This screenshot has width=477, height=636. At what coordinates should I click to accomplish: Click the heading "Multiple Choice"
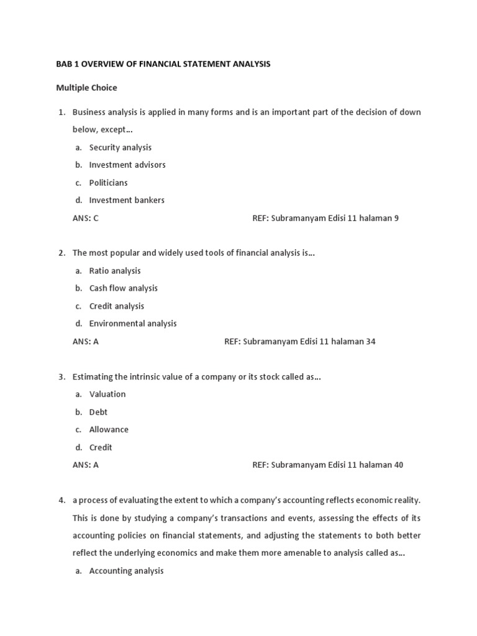pyautogui.click(x=86, y=88)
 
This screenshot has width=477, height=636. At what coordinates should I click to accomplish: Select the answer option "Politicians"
pyautogui.click(x=108, y=183)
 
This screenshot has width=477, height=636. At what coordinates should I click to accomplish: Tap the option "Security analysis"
pyautogui.click(x=120, y=147)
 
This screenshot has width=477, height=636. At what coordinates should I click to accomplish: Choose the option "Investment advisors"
pyautogui.click(x=127, y=165)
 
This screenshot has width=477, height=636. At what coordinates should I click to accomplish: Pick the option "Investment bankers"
pyautogui.click(x=127, y=200)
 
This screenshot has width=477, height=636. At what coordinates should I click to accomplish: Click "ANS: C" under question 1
pyautogui.click(x=86, y=218)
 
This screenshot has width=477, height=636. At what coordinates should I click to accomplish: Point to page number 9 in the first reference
pyautogui.click(x=396, y=218)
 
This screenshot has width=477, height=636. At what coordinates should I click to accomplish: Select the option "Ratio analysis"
pyautogui.click(x=115, y=271)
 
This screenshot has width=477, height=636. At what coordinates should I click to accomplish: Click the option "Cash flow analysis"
pyautogui.click(x=123, y=288)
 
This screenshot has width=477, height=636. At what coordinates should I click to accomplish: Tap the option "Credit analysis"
pyautogui.click(x=116, y=306)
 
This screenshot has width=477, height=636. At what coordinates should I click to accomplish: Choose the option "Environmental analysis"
pyautogui.click(x=132, y=324)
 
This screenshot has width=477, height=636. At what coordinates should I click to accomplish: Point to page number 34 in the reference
pyautogui.click(x=370, y=342)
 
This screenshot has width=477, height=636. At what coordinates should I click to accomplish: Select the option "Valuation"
pyautogui.click(x=107, y=394)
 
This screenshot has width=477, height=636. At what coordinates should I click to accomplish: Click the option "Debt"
pyautogui.click(x=98, y=412)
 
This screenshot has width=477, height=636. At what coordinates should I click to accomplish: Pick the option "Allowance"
pyautogui.click(x=109, y=430)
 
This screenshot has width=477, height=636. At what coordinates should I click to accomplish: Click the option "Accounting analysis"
pyautogui.click(x=126, y=571)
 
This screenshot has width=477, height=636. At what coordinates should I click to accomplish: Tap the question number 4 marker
pyautogui.click(x=62, y=500)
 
